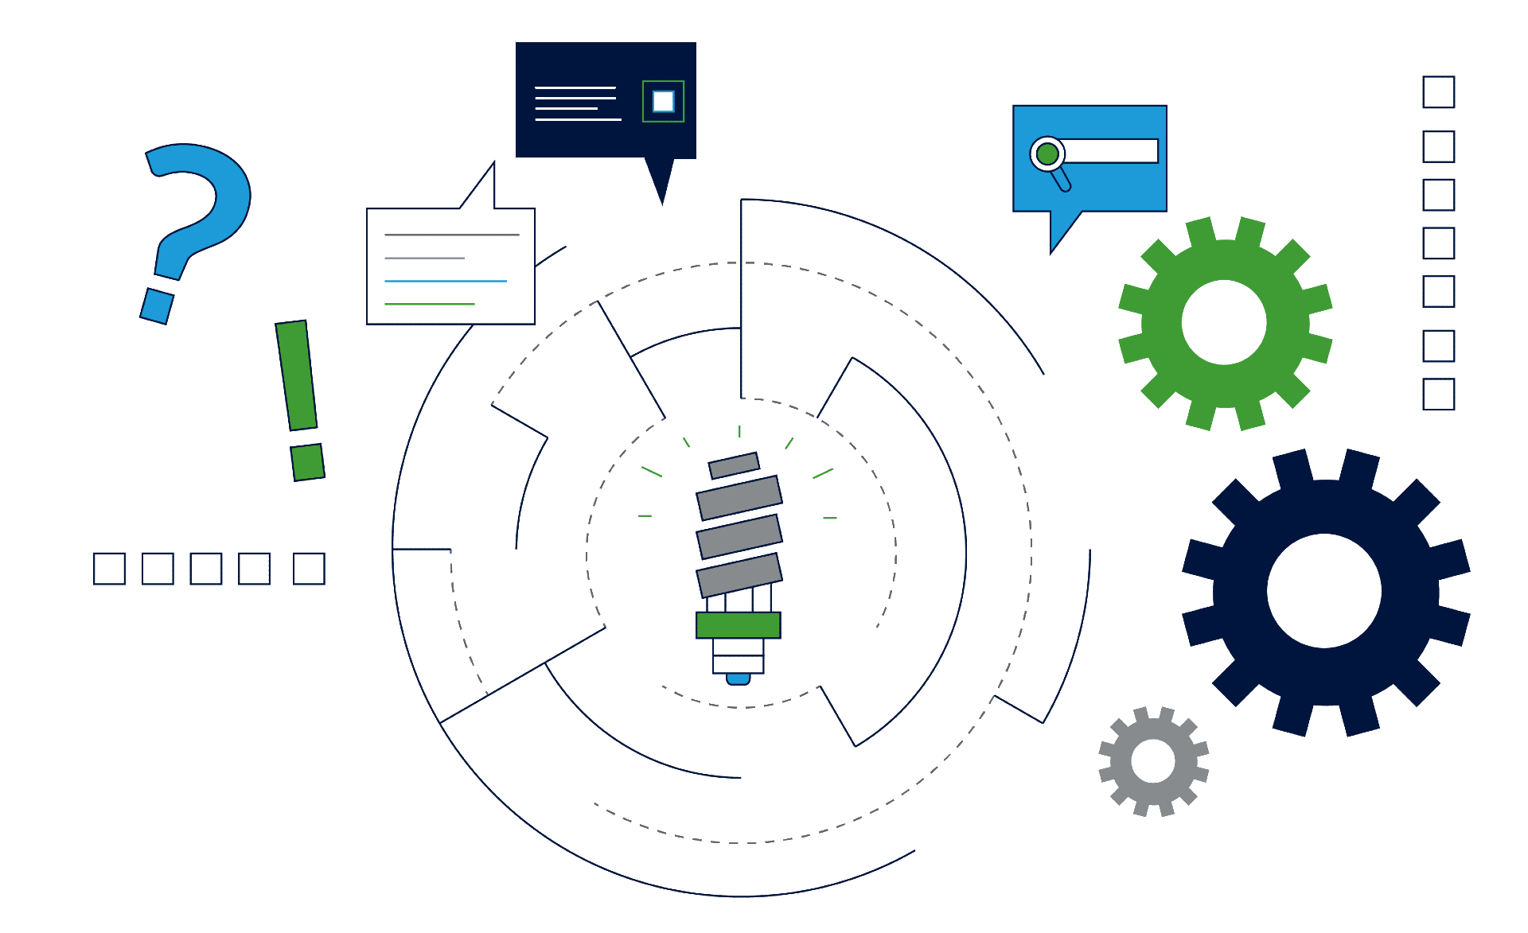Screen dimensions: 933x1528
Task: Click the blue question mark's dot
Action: [157, 306]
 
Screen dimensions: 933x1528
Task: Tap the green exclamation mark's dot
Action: [307, 462]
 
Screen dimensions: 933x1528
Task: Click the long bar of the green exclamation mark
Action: [296, 375]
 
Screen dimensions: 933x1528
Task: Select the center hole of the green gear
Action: [1223, 322]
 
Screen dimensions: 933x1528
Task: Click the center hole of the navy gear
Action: [1323, 591]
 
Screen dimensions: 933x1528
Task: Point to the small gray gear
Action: [1153, 760]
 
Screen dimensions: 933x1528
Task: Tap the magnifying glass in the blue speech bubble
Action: [1048, 154]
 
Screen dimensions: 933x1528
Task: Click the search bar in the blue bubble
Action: [1110, 151]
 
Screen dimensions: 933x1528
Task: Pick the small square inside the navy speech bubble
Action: [663, 101]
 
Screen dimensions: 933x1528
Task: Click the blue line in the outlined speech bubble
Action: [445, 281]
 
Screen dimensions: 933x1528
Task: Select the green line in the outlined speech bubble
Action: [429, 304]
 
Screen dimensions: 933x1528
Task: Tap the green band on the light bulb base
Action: [738, 625]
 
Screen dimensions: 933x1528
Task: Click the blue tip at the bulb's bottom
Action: [738, 678]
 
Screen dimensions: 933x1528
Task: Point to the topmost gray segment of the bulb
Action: [734, 465]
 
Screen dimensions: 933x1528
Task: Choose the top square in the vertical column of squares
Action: [1438, 92]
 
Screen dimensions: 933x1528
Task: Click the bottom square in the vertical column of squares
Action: [1438, 394]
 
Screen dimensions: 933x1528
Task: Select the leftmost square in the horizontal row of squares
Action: [109, 569]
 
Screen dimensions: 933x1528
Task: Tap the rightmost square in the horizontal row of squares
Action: [309, 569]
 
